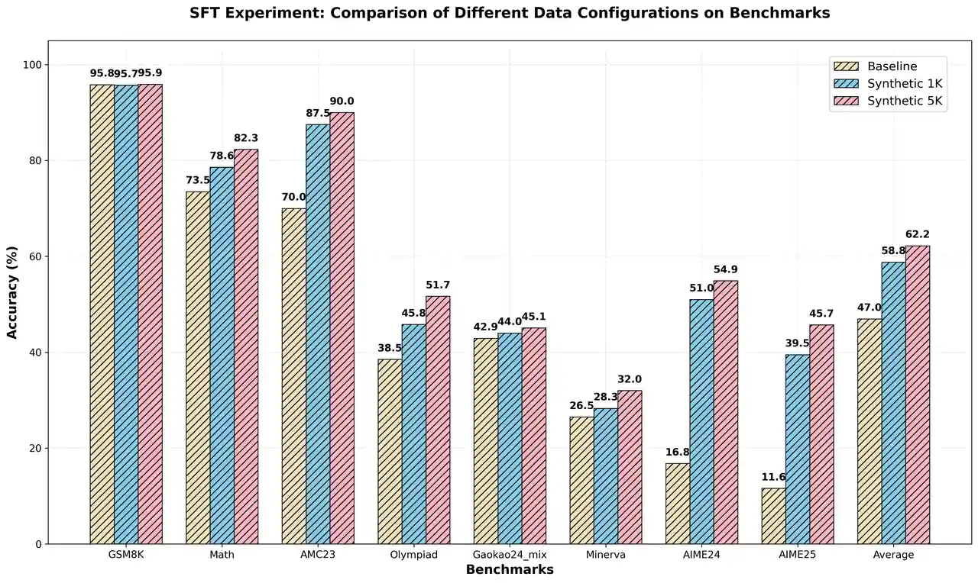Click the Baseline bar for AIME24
678,504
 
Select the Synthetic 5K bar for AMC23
342,328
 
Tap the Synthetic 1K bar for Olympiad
414,434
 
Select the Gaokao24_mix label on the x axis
510,555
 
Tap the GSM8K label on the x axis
126,555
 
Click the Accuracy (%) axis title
12,292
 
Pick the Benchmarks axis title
510,570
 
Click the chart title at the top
510,13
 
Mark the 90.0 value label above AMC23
342,101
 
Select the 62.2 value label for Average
918,234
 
